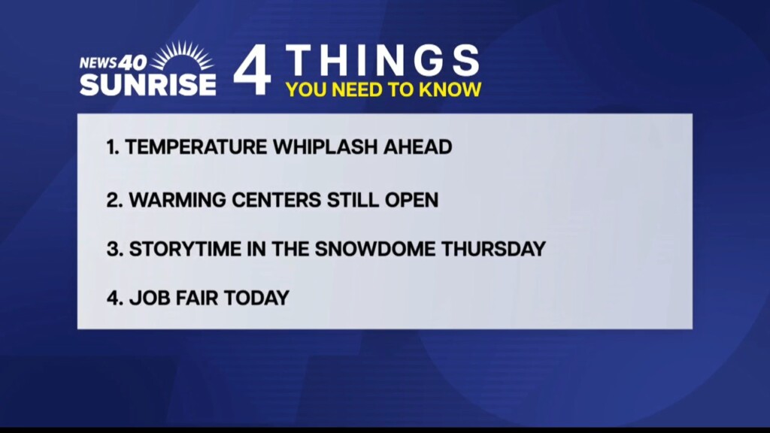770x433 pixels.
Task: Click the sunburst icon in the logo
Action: click(x=182, y=56)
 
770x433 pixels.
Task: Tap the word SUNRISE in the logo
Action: click(x=148, y=84)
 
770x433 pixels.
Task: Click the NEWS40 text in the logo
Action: click(x=113, y=62)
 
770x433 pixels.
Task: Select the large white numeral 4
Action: click(x=253, y=69)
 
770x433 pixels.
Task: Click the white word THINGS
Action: click(x=383, y=60)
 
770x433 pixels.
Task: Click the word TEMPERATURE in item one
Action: click(x=196, y=147)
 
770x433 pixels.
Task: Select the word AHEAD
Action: click(x=417, y=147)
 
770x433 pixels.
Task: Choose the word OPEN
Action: click(x=411, y=200)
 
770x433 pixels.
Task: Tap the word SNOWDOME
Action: click(x=375, y=249)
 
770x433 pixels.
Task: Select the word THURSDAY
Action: click(x=493, y=249)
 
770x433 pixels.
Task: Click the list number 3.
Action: click(x=114, y=249)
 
